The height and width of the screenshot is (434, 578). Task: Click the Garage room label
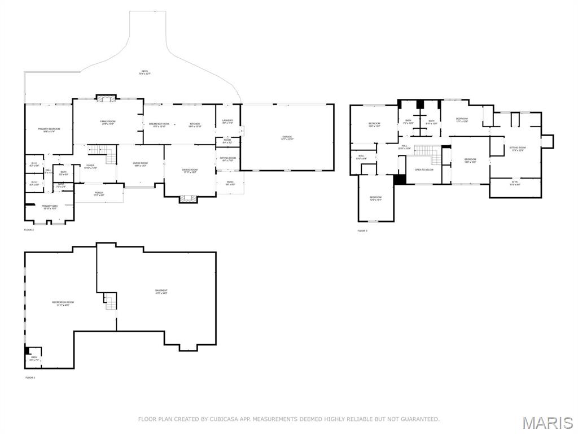[x=287, y=137]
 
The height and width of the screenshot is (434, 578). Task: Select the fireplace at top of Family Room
[x=106, y=98]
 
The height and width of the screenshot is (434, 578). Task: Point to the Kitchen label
[x=195, y=125]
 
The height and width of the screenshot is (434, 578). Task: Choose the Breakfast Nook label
[x=159, y=125]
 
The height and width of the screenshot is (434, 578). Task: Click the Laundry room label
[x=227, y=121]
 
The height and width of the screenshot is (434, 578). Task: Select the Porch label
[x=99, y=194]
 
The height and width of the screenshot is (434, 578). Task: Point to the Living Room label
[x=140, y=164]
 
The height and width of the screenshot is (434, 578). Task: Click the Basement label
[x=161, y=292]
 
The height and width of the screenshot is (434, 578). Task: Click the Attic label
[x=515, y=183]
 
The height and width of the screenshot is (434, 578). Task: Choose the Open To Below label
[x=424, y=169]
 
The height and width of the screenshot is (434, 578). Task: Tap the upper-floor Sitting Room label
[x=517, y=149]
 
